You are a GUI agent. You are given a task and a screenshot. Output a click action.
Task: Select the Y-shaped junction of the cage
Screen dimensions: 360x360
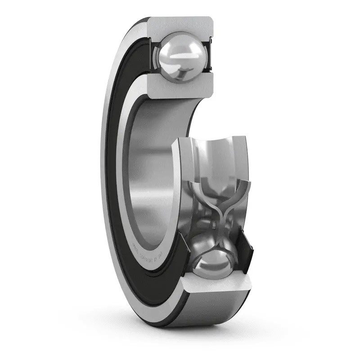(x=220, y=211)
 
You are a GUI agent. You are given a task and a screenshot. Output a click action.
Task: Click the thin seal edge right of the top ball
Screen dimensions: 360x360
(x=208, y=56)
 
